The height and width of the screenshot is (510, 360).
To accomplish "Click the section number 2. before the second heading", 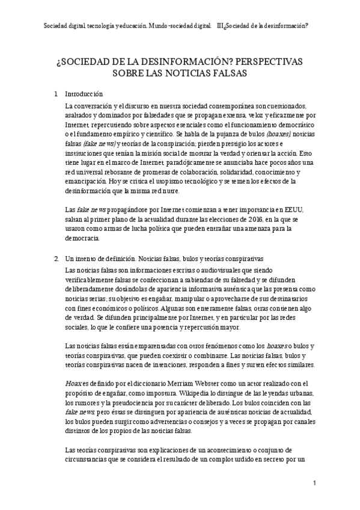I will click(56, 257).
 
